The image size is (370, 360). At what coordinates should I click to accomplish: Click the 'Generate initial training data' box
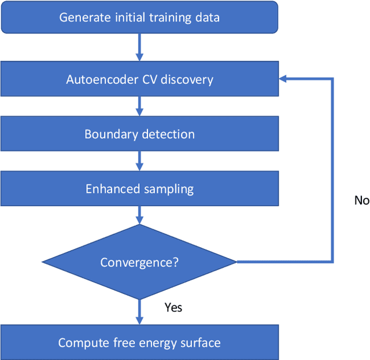pos(139,17)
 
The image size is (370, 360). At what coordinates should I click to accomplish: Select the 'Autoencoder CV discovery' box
pos(139,79)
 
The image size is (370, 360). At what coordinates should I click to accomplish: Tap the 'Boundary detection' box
pos(139,134)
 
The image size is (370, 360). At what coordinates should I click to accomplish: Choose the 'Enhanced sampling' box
pos(139,189)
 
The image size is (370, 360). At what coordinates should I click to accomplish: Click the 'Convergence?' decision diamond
pos(139,262)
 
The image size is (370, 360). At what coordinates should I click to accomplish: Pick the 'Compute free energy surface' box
pos(139,343)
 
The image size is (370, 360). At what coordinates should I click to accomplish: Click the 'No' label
pos(361,200)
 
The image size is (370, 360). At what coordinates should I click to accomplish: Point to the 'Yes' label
pos(173,307)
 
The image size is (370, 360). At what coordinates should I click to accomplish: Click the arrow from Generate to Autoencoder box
pos(139,47)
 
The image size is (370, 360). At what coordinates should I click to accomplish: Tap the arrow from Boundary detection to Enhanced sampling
pos(139,161)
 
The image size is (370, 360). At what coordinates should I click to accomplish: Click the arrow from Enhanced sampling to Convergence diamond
pos(139,215)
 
